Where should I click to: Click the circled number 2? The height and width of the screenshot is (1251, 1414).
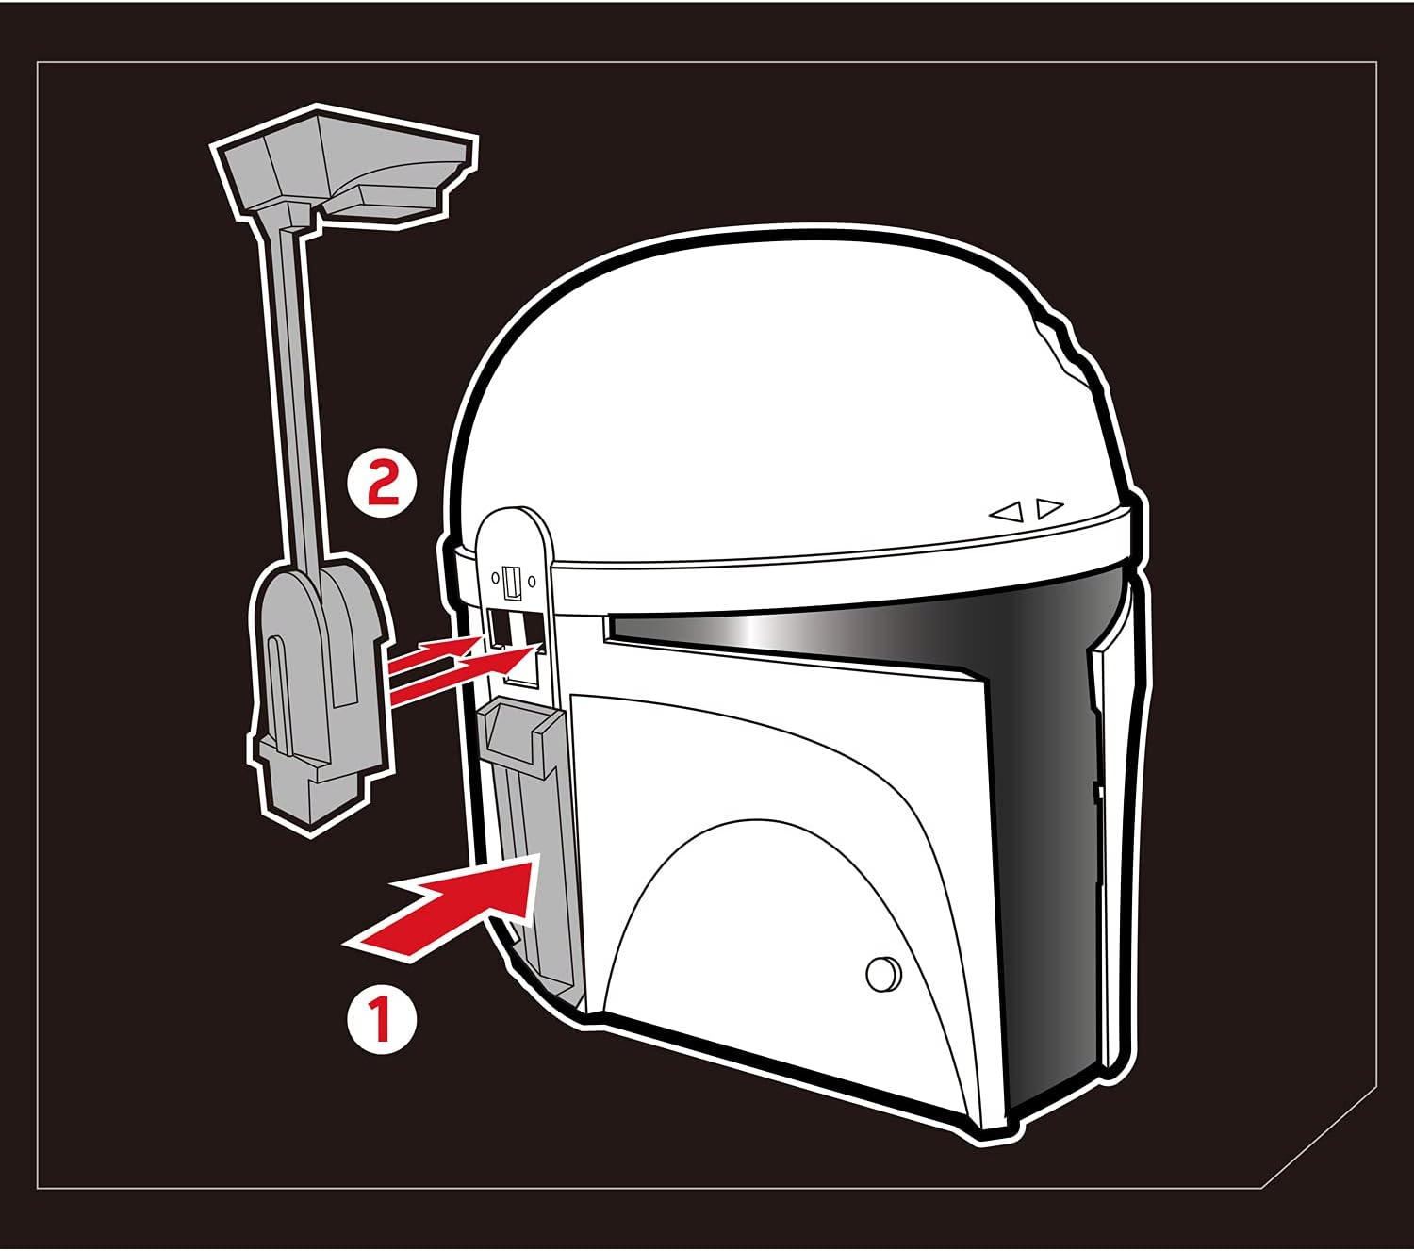tap(383, 483)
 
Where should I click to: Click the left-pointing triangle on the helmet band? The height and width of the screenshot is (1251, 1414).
tap(1006, 513)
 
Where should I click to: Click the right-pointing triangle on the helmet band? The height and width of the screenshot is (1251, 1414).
tap(1050, 507)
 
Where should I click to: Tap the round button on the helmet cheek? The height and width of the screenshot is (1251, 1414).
tap(883, 975)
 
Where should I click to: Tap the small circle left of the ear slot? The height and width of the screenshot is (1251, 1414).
tap(496, 578)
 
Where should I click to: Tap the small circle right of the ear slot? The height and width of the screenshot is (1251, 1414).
tap(532, 581)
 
